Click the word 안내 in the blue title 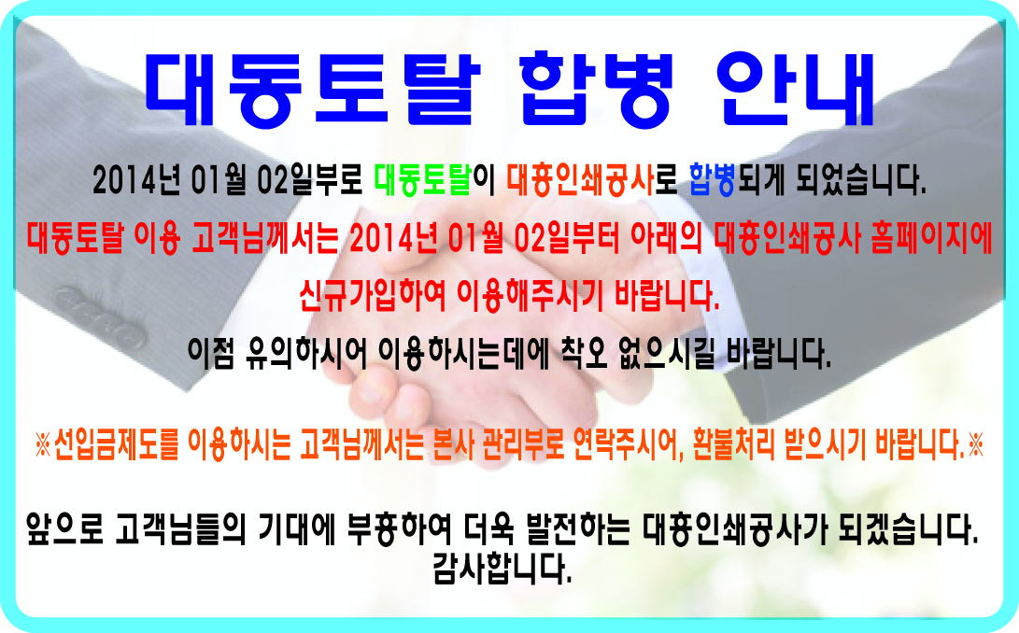797,89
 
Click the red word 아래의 666,238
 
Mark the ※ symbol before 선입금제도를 43,445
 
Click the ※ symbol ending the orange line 975,445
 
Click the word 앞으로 64,529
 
